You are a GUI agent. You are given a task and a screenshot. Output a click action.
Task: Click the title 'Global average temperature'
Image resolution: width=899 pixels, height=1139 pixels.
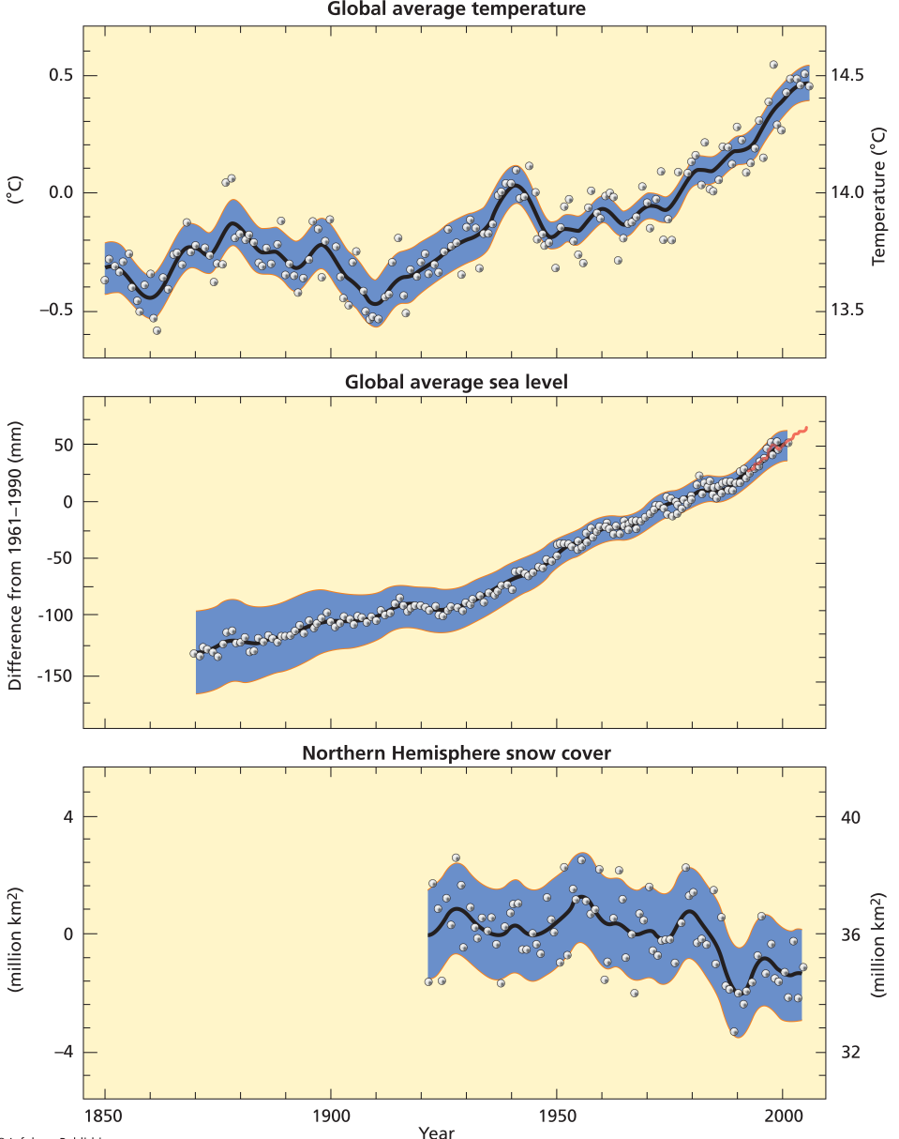457,9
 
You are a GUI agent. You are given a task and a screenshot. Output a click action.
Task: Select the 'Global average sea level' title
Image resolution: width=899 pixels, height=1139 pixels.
457,382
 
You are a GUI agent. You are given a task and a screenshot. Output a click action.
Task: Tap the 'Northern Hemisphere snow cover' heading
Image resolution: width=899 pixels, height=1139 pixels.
457,752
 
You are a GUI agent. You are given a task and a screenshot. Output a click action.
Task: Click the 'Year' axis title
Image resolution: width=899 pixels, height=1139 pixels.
437,1131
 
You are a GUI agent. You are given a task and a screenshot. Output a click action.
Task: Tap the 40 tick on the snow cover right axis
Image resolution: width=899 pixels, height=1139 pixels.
850,816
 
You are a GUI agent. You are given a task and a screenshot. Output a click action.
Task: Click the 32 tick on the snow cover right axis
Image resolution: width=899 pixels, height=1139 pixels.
850,1052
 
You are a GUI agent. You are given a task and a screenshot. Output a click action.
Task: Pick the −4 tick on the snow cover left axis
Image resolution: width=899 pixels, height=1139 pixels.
62,1052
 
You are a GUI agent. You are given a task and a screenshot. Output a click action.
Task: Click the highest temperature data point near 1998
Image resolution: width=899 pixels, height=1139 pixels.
773,65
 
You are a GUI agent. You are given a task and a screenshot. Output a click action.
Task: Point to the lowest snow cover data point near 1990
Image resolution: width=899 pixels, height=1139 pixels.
734,1031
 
